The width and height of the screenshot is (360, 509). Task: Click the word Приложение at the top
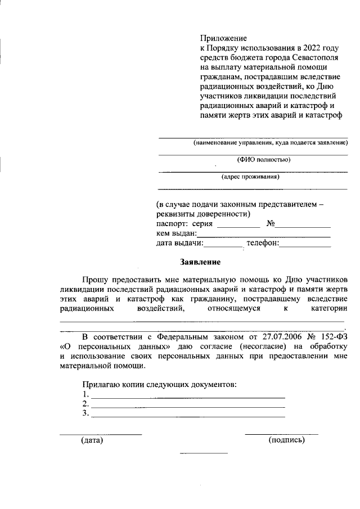223,39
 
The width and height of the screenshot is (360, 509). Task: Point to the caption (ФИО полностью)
263,159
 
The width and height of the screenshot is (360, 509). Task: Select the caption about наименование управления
269,143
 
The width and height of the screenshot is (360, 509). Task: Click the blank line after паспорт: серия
238,225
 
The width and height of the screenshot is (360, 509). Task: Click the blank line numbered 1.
187,397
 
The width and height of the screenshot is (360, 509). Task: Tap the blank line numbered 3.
187,416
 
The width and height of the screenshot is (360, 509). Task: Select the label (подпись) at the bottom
287,440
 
